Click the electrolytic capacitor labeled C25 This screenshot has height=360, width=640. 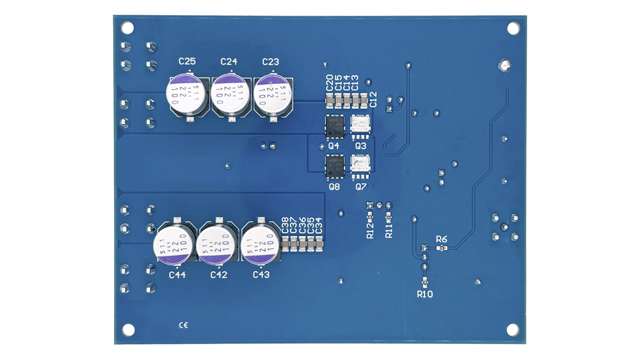(x=185, y=95)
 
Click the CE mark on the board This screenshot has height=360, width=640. (x=183, y=325)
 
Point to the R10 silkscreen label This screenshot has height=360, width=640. (x=424, y=294)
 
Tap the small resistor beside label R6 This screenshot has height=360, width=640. (x=440, y=248)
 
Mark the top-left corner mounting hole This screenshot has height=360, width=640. (x=127, y=27)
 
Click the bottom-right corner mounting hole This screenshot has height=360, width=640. (x=513, y=329)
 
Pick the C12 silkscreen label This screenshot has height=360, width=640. (x=373, y=100)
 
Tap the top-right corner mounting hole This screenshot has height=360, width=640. (x=513, y=28)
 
